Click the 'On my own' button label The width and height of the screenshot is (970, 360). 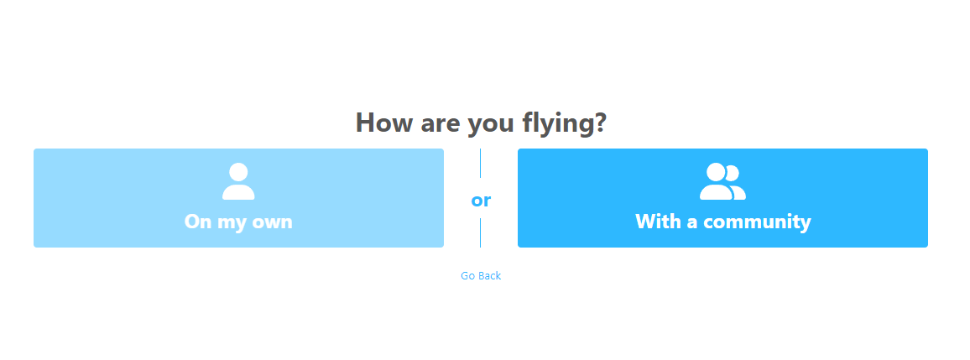(238, 222)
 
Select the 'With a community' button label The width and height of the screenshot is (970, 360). (722, 222)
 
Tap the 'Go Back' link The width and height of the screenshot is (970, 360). (481, 276)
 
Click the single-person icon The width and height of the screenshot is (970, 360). (238, 181)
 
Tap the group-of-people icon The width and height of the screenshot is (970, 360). (722, 181)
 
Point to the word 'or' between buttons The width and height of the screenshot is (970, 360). (481, 201)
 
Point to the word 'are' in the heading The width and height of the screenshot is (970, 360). (441, 124)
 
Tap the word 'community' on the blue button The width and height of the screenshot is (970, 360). (757, 222)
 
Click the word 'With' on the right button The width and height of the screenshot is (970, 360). (657, 221)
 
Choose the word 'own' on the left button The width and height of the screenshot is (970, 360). (272, 222)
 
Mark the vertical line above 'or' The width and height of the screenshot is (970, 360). (481, 164)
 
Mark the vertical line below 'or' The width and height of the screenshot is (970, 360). (481, 232)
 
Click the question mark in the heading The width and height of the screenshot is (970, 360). (599, 123)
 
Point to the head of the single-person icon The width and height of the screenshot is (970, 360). (238, 171)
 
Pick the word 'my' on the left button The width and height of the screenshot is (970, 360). (232, 224)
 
